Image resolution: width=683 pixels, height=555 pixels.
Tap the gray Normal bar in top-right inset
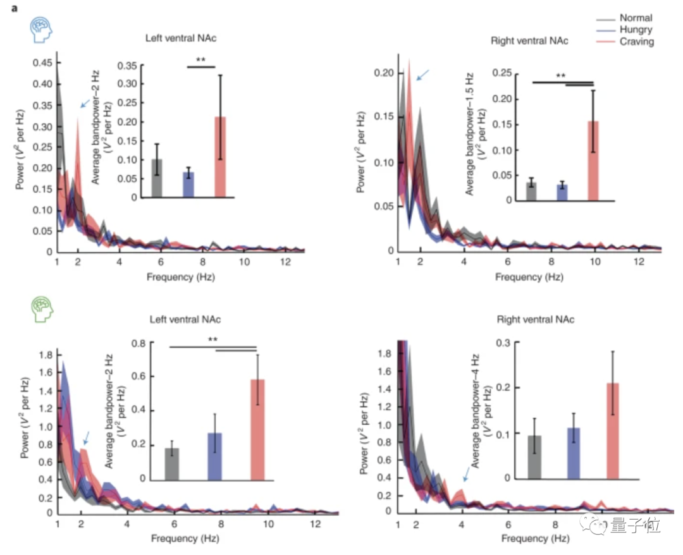click(x=531, y=192)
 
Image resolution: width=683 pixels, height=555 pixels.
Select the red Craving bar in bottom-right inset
click(x=612, y=430)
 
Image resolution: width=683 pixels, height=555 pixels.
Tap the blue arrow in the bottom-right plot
click(x=466, y=473)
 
